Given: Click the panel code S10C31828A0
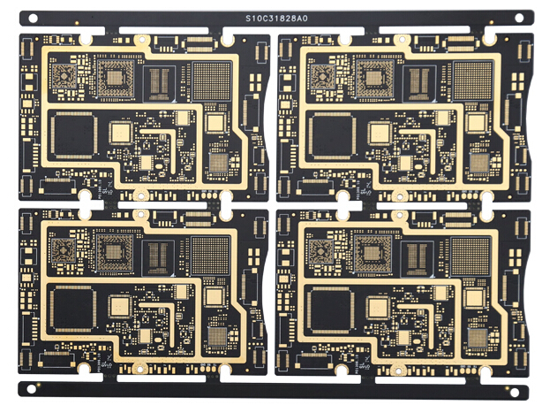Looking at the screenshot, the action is pos(276,19).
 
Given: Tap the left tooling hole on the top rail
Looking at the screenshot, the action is pos(33,19).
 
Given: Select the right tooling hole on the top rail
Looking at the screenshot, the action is pos(519,18).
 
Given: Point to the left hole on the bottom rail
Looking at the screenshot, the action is pos(32,389).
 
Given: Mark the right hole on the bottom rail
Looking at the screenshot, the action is pos(515,393).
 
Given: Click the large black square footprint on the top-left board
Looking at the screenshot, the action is pos(74,135).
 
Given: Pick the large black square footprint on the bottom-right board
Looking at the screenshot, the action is pos(331,310).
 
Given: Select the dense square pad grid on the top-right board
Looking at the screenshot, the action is pos(472,81).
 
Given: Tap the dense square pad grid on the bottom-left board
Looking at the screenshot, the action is pos(210,256).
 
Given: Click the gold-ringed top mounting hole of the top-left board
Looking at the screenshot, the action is pos(141,39).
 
